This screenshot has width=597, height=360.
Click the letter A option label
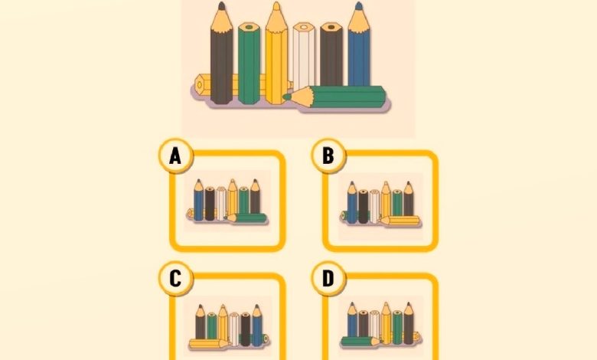click(175, 155)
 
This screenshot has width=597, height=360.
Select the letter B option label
click(328, 155)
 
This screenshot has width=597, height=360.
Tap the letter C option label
click(175, 279)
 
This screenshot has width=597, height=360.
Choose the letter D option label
click(328, 279)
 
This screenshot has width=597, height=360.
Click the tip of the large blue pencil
click(359, 5)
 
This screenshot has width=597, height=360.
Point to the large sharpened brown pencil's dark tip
click(222, 5)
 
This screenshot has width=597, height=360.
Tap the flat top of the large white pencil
click(304, 28)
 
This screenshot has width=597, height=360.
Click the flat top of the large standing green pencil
click(249, 28)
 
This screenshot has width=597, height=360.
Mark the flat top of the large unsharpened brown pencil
click(331, 28)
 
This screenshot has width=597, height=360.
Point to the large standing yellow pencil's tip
click(277, 5)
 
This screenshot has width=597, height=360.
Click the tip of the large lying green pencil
click(287, 97)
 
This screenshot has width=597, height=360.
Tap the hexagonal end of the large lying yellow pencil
click(200, 84)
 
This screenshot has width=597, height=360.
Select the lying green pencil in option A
click(247, 218)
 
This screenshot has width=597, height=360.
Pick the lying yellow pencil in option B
click(400, 221)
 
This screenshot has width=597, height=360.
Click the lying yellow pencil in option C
click(210, 344)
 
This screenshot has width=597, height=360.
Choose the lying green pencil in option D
click(360, 341)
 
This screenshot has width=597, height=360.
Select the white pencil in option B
click(374, 207)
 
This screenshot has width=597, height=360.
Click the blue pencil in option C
click(257, 326)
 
